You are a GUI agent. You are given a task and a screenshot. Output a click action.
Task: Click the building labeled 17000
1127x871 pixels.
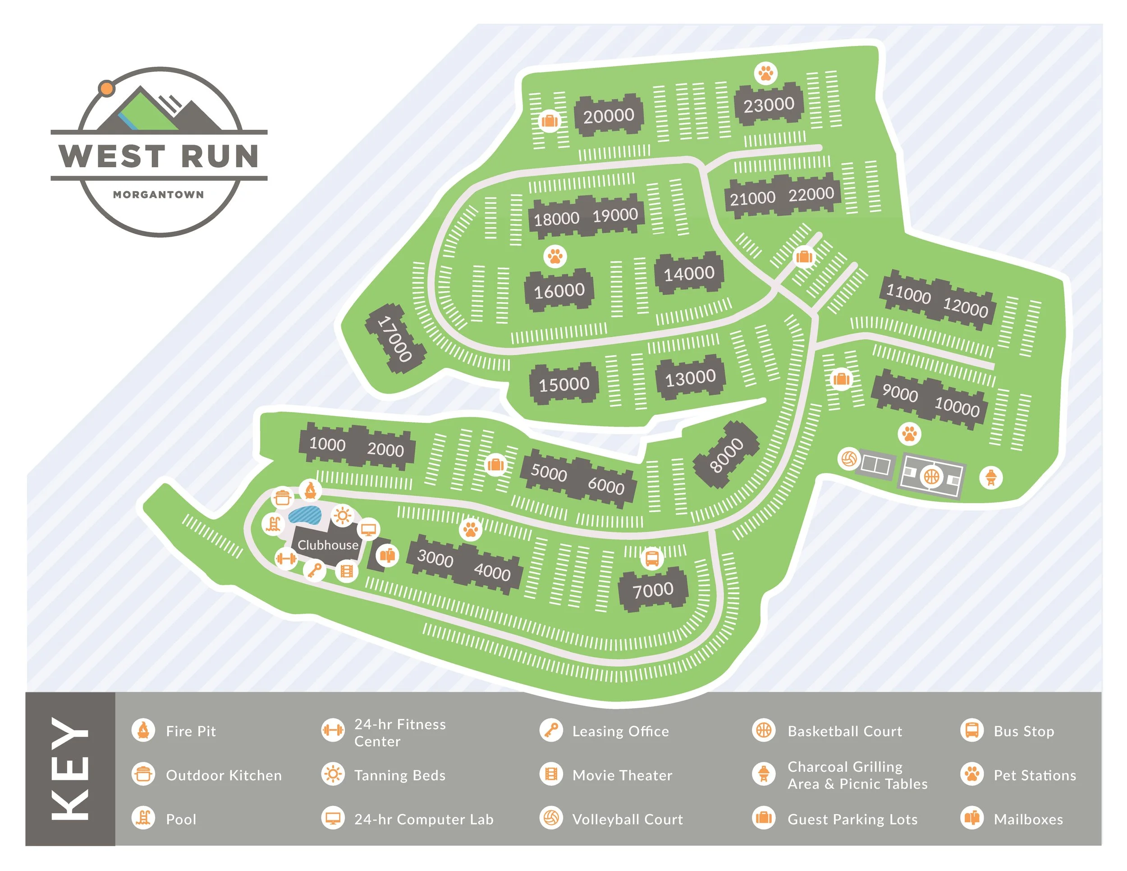(395, 339)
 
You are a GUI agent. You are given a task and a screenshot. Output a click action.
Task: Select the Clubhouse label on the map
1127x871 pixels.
(328, 545)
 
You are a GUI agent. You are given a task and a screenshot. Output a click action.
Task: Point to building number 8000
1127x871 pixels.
(726, 454)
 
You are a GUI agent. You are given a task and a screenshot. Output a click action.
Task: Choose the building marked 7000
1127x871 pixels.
(653, 589)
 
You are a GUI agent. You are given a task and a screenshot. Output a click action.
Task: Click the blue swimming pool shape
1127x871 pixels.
(304, 514)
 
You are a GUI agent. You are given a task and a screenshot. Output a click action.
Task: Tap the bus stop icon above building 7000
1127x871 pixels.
(652, 558)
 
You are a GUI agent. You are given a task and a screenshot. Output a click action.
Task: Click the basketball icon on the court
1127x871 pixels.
(931, 476)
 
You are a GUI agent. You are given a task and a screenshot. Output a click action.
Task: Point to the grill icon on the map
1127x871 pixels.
(991, 477)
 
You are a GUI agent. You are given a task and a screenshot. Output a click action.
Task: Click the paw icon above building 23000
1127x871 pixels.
(766, 73)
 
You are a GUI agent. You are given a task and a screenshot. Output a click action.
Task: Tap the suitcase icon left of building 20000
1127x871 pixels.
(549, 121)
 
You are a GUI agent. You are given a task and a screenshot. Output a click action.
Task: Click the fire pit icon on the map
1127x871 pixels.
(310, 490)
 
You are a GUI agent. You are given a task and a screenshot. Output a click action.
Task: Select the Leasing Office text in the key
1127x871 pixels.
(620, 731)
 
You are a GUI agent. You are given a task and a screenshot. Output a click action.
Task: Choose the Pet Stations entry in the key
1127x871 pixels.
(1035, 775)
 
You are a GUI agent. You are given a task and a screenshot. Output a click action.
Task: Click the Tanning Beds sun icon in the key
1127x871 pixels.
(333, 775)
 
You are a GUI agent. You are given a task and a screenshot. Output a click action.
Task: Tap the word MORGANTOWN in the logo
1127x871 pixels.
(158, 194)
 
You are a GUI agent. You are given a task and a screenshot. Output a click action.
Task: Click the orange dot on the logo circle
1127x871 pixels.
(106, 88)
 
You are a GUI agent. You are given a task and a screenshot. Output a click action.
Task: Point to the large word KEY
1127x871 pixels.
(70, 769)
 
